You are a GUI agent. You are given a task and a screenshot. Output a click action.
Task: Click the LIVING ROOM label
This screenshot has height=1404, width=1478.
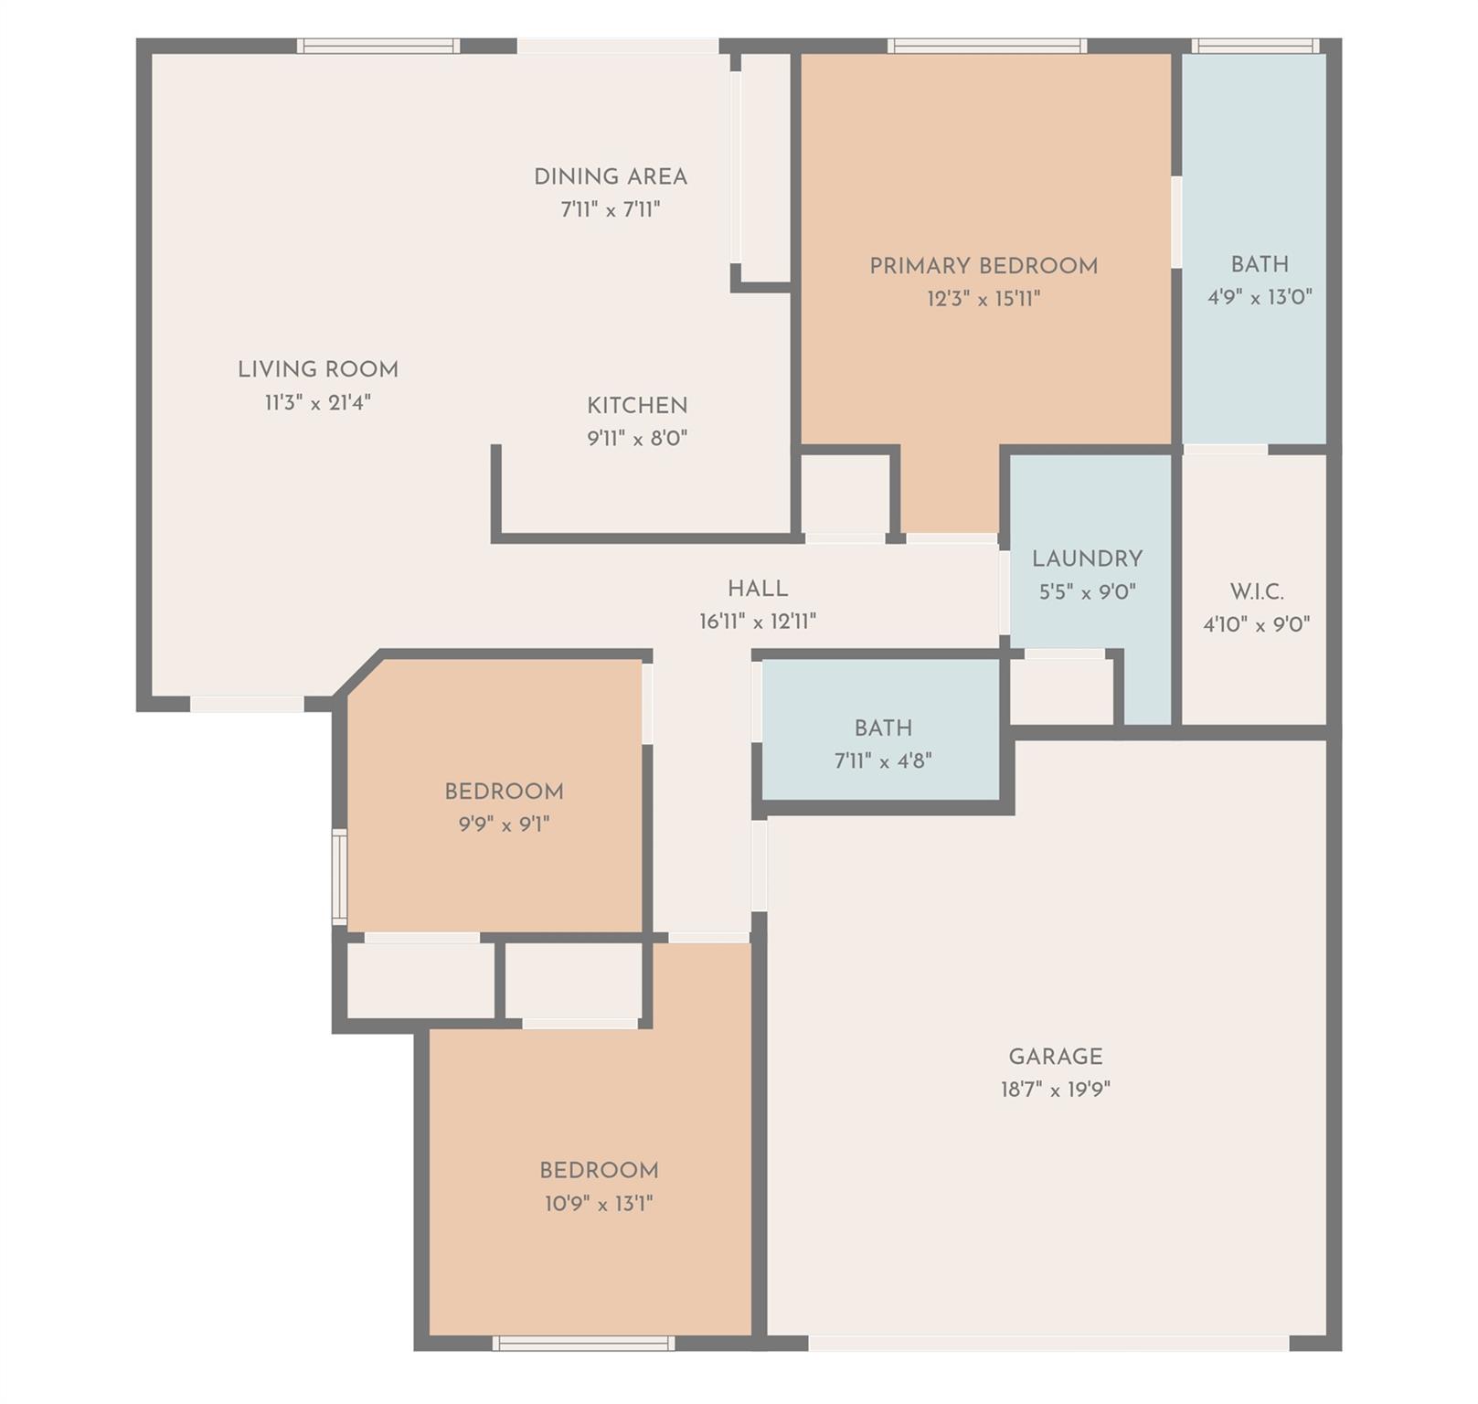(318, 370)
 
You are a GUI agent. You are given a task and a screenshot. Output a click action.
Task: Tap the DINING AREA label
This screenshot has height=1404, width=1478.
(611, 177)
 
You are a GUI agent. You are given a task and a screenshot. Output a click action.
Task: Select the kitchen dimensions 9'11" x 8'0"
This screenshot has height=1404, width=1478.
(637, 439)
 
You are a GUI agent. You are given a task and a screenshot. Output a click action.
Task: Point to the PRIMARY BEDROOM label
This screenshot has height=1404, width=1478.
(984, 266)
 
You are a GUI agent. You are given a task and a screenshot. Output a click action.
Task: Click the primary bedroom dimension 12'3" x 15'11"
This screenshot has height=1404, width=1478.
(984, 299)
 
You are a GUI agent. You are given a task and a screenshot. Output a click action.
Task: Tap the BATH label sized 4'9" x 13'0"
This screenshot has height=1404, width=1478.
(1260, 264)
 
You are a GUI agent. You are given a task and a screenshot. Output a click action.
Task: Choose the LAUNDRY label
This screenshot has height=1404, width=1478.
(1087, 559)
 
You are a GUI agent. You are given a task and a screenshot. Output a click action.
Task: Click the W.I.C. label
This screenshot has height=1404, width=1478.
(1257, 591)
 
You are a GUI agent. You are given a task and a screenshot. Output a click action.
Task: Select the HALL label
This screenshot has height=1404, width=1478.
(758, 589)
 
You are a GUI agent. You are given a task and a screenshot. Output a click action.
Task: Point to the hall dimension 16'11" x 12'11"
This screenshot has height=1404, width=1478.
(758, 622)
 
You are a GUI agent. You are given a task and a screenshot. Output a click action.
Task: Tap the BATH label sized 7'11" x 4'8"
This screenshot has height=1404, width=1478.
(883, 729)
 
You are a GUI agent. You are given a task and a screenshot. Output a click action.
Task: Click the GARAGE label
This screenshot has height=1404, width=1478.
(1056, 1057)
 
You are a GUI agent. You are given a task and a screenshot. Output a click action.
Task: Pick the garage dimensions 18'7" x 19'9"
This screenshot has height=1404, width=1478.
(1056, 1090)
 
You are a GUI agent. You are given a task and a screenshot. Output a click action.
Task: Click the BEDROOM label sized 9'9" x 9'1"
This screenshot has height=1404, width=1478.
(504, 792)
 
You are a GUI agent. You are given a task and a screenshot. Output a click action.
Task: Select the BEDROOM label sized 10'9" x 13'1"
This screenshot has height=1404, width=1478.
(599, 1171)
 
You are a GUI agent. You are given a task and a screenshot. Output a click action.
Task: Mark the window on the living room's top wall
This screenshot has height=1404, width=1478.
(378, 46)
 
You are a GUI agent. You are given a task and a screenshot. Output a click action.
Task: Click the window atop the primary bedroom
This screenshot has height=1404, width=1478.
(987, 46)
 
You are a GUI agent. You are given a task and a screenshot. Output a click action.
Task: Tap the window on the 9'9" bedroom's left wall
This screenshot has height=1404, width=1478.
(339, 877)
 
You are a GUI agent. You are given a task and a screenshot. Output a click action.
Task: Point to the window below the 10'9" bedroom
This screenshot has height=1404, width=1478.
(583, 1343)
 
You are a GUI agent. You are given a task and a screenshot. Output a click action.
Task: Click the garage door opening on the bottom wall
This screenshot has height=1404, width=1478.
(1048, 1343)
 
